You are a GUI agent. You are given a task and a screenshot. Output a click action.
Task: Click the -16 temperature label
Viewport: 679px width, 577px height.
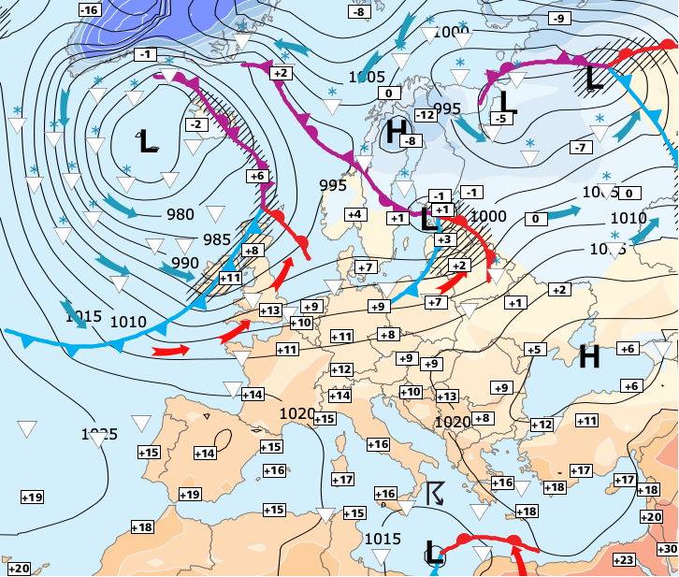point(89,10)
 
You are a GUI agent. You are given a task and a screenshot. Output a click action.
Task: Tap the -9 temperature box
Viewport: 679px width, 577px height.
point(559,19)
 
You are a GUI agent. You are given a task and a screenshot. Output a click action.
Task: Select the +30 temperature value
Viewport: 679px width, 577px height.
point(668,548)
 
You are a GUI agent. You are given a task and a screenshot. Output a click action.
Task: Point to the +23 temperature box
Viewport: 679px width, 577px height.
point(623,559)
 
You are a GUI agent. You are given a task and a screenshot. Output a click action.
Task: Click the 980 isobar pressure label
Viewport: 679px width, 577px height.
point(181,214)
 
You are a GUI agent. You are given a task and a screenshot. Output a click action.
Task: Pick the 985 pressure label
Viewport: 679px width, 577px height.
point(217,238)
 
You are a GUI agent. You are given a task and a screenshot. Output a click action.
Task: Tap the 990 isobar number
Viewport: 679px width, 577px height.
point(184,263)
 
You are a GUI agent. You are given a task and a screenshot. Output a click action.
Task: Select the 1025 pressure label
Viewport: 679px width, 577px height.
point(99,435)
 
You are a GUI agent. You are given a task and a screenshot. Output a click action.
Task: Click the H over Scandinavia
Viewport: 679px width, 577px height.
point(397,130)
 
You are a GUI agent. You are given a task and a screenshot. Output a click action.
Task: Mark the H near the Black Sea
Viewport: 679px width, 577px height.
point(589,355)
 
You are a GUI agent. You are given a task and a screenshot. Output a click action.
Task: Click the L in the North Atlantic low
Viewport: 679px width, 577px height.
point(148,141)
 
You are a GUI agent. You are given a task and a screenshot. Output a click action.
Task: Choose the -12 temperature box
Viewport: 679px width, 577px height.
point(426,114)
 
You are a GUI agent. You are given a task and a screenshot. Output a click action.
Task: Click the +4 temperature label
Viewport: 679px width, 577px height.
point(354,214)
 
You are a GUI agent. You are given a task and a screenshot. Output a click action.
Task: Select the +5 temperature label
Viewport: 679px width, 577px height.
point(533,350)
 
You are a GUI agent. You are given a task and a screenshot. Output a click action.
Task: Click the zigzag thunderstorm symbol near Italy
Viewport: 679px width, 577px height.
point(435,493)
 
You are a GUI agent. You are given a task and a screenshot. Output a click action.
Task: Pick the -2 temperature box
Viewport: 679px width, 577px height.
point(195,124)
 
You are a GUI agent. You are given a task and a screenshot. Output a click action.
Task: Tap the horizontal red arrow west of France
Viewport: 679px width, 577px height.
point(171,352)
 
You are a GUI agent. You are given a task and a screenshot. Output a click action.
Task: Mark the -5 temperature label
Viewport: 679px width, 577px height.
point(500,118)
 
